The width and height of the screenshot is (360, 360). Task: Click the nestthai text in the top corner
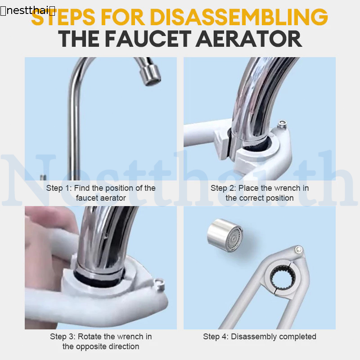coord(28,10)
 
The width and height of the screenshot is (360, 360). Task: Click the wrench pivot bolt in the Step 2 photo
coord(282,124)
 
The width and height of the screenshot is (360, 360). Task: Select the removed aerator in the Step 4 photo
coord(225,235)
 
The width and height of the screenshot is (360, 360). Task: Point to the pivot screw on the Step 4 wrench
coord(299,249)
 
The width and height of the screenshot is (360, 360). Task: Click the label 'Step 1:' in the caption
coord(59,188)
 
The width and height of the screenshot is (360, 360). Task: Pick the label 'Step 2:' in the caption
coord(223,188)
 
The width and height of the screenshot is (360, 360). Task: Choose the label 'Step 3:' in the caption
coord(63,337)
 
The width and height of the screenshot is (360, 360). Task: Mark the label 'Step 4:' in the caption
coord(216,337)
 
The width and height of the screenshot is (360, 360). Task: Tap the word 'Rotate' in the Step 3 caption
coord(90,337)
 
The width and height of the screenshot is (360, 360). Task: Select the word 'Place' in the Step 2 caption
coord(249,188)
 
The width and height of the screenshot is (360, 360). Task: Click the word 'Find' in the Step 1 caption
coord(82,188)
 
